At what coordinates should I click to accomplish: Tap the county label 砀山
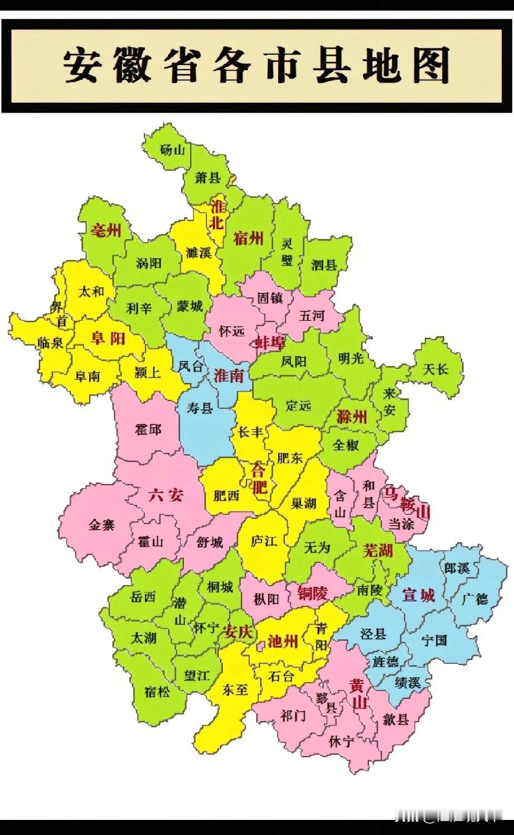point(172,149)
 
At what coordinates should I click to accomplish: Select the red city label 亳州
point(106,229)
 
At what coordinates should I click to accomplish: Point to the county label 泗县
point(324,264)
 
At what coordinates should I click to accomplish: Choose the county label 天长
point(435,369)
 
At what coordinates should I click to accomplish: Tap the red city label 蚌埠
point(270,342)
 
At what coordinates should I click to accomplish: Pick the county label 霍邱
point(148,429)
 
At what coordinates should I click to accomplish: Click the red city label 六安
point(166,494)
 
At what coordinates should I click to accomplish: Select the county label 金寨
point(101,524)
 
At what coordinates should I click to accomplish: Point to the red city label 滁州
point(352,416)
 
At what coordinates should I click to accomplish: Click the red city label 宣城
point(418,595)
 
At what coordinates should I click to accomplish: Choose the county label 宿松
point(157,692)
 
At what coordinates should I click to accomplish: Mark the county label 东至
point(235,689)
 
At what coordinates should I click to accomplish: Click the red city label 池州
point(283,641)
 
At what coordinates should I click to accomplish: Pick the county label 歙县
point(396,720)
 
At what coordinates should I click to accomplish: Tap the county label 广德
point(475,599)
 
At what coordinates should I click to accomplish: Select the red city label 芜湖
point(378,551)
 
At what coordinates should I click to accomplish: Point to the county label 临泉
point(50,342)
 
